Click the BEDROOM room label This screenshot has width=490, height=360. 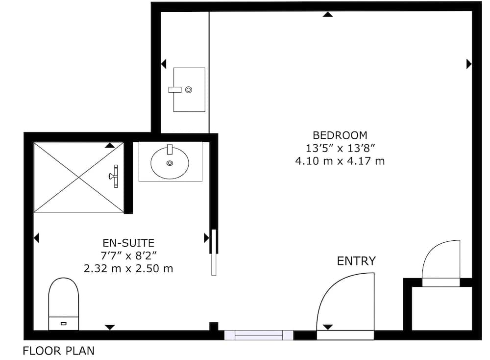[x=340, y=135]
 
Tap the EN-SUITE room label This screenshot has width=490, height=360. [x=128, y=243]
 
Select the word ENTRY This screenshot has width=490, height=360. [x=356, y=261]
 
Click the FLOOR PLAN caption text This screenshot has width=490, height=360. [x=59, y=351]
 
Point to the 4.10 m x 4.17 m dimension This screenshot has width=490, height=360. [x=340, y=161]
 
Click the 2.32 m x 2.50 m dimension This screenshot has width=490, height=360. [x=128, y=268]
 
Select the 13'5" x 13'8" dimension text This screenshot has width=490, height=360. [x=340, y=148]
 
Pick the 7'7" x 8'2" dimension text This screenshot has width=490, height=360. [x=128, y=256]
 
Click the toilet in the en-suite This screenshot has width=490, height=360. [x=63, y=304]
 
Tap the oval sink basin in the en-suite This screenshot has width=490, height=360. [x=170, y=163]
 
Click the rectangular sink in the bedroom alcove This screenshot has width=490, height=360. [x=189, y=90]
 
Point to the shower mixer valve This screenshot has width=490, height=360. [x=114, y=177]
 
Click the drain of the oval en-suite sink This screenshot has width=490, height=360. [x=170, y=163]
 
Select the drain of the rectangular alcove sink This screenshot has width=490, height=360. [x=189, y=90]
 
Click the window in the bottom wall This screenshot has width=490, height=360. [x=259, y=335]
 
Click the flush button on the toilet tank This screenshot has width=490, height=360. [x=63, y=324]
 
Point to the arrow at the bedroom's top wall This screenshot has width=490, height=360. [x=328, y=14]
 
